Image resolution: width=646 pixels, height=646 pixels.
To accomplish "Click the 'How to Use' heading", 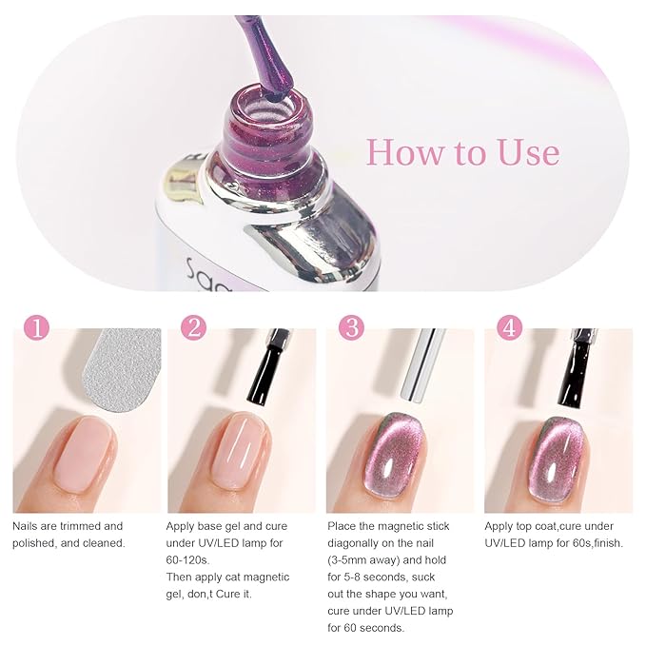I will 462,152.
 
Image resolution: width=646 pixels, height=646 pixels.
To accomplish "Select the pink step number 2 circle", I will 193,328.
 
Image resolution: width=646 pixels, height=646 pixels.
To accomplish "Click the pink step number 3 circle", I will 351,328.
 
